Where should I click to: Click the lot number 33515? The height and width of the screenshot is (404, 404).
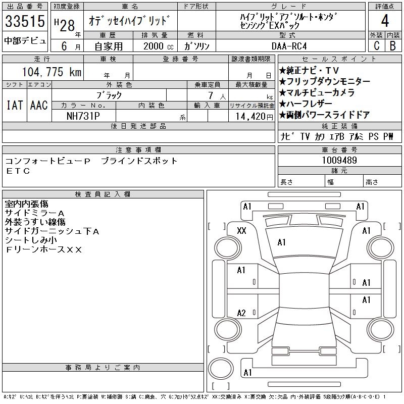coord(25,21)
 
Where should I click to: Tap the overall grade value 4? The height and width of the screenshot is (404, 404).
coord(385,21)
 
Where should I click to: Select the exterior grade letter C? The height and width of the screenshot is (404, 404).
coord(377,45)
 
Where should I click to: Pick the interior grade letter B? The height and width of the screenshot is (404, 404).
coord(393,45)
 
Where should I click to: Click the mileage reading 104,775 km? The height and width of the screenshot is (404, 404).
coord(52,72)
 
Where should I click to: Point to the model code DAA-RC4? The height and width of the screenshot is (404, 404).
coord(289,46)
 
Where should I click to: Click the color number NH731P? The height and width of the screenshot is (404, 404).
coord(83,116)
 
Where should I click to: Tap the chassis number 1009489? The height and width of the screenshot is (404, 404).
coord(339,160)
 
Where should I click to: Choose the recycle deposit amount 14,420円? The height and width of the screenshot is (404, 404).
coord(255,117)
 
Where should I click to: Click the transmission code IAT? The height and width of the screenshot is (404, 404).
coord(15,105)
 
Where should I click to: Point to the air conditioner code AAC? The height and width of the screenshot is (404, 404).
coord(39,105)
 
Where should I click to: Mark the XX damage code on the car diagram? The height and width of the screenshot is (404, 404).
coord(241,230)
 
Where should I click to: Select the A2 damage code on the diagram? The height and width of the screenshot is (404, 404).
coord(241,313)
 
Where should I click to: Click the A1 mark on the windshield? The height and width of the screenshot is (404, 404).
coord(281,242)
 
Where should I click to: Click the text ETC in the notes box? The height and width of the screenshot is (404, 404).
coord(18,171)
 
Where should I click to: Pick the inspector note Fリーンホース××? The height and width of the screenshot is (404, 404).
coord(43,249)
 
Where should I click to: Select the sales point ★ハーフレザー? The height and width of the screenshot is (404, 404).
coord(306,104)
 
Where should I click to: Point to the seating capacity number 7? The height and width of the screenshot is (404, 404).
coord(211,95)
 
